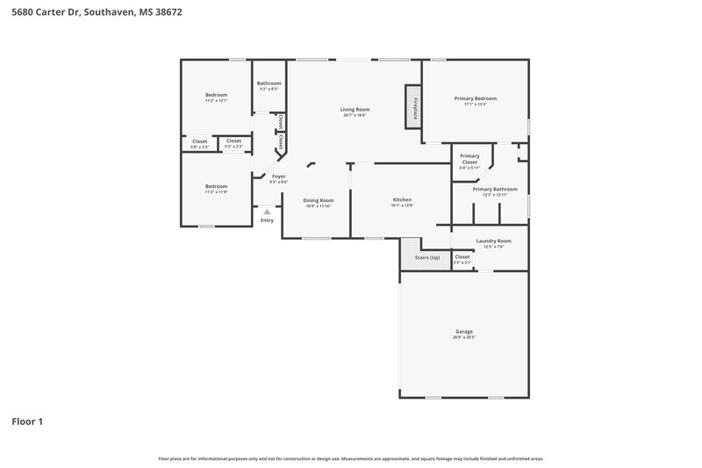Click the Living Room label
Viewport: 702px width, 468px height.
click(x=354, y=109)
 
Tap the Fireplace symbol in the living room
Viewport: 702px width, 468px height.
click(x=411, y=104)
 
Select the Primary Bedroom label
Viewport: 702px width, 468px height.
click(x=475, y=98)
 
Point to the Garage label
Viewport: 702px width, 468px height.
click(x=464, y=332)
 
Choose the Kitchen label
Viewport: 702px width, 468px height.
click(x=402, y=199)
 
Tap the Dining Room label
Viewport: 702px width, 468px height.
click(x=319, y=199)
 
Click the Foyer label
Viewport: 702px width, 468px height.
click(x=278, y=176)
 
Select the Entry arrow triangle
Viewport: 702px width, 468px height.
click(x=267, y=212)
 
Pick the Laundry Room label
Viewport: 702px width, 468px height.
click(x=493, y=241)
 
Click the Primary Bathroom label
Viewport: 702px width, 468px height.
click(x=495, y=189)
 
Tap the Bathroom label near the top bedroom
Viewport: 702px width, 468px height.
click(x=269, y=83)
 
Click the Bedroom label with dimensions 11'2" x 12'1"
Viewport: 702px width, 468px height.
click(x=216, y=95)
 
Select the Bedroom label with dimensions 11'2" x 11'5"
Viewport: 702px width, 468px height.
click(x=216, y=186)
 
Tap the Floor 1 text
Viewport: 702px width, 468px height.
click(x=27, y=421)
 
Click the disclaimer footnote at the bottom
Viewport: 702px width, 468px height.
click(x=350, y=458)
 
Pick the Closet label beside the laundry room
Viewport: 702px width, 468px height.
click(x=462, y=257)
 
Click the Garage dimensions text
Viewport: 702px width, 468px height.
click(x=464, y=337)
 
